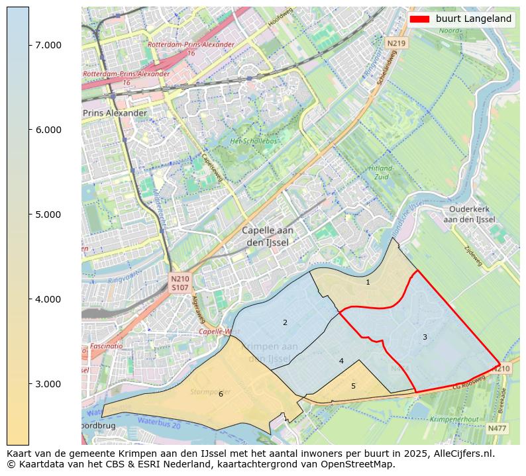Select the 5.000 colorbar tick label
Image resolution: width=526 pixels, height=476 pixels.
(48, 214)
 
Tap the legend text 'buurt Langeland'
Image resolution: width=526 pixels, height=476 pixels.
(473, 19)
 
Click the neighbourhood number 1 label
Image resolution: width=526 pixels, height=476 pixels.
(368, 282)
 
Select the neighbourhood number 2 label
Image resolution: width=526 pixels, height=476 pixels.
(285, 322)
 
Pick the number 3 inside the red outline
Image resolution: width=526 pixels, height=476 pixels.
(425, 337)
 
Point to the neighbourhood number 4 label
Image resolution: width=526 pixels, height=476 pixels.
(341, 361)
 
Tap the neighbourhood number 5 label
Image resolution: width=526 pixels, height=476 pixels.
(353, 386)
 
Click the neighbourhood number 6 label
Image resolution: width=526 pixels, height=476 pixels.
(221, 394)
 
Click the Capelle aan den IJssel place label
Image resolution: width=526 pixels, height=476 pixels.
(267, 236)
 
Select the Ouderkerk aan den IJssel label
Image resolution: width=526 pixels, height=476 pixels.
(469, 214)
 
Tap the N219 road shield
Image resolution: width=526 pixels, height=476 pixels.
(395, 43)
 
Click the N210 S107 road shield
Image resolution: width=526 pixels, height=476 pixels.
(180, 283)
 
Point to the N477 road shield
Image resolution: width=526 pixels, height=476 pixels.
(497, 428)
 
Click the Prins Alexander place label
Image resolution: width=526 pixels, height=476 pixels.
(115, 113)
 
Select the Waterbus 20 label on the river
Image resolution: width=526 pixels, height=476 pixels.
(159, 422)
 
